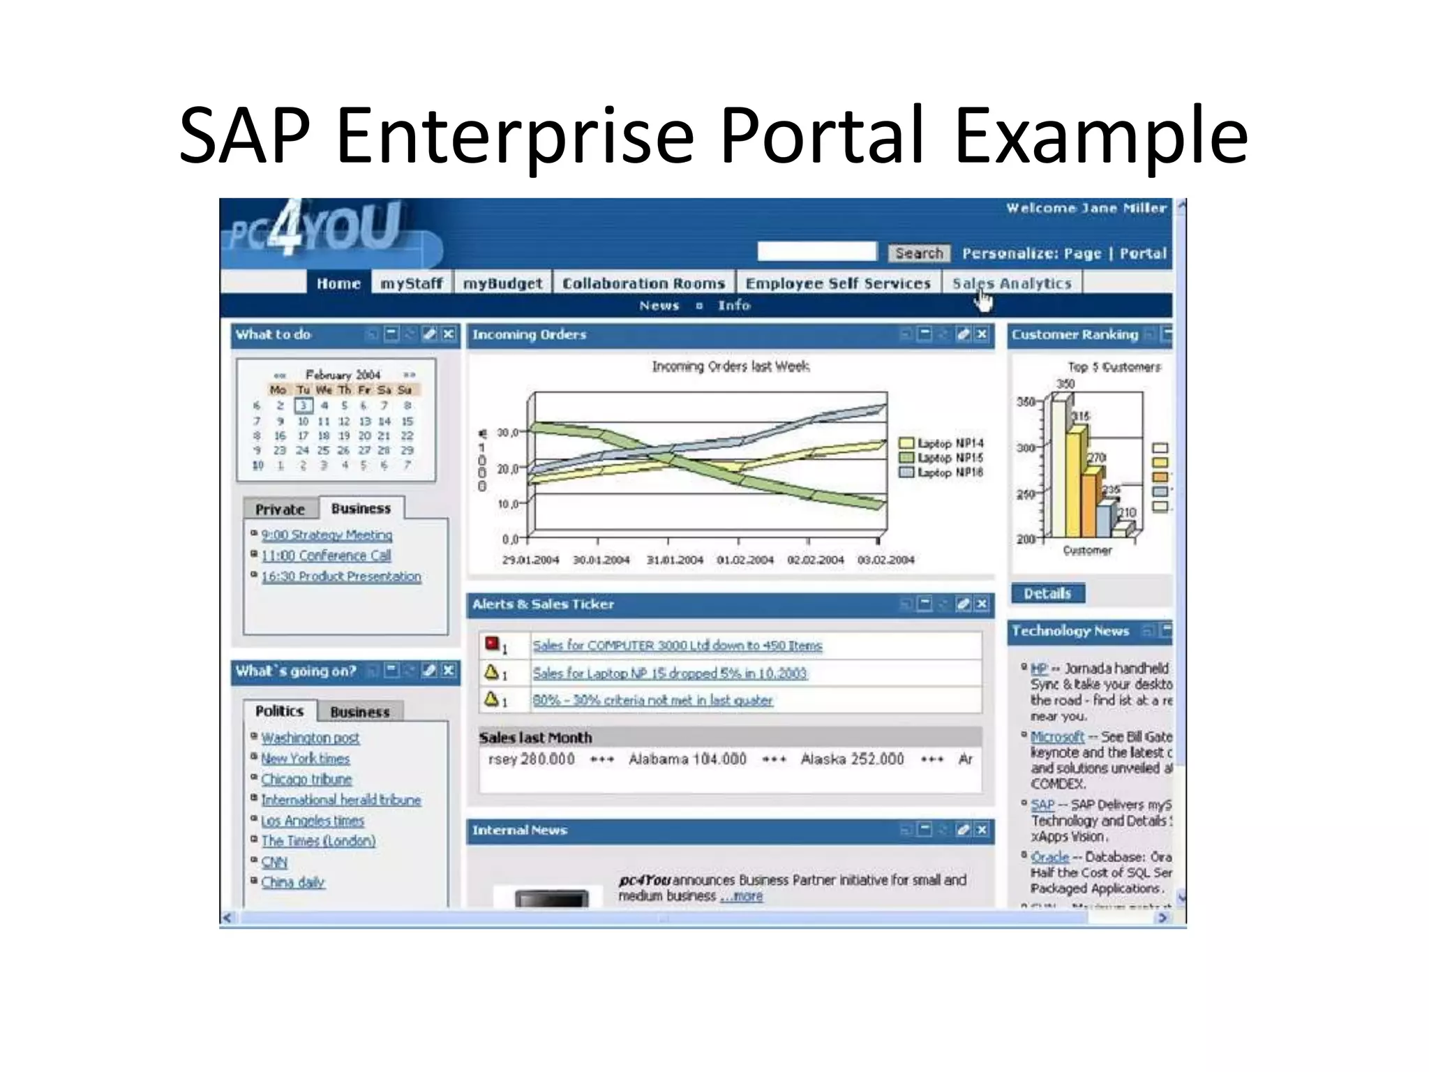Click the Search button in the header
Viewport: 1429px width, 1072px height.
919,253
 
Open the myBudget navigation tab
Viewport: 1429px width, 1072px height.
502,283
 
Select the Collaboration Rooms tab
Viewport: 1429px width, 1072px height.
643,283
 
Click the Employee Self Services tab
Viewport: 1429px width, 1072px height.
837,283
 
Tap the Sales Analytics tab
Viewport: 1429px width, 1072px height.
1012,283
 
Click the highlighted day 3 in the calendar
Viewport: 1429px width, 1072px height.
303,405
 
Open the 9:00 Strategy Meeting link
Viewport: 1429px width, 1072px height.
327,535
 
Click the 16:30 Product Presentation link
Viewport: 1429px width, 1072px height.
341,576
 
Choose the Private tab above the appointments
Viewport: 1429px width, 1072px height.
280,509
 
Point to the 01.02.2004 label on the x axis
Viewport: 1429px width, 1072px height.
745,560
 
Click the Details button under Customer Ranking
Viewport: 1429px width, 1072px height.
1047,593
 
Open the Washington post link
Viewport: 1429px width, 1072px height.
310,738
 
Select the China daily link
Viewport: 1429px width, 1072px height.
292,882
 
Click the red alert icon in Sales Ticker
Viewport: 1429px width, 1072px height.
493,643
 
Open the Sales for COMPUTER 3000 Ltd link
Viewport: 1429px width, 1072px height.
677,646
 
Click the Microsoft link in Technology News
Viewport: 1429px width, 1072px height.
1057,737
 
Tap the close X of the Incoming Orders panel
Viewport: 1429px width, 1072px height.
982,334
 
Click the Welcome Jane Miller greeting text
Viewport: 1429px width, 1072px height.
1086,208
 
